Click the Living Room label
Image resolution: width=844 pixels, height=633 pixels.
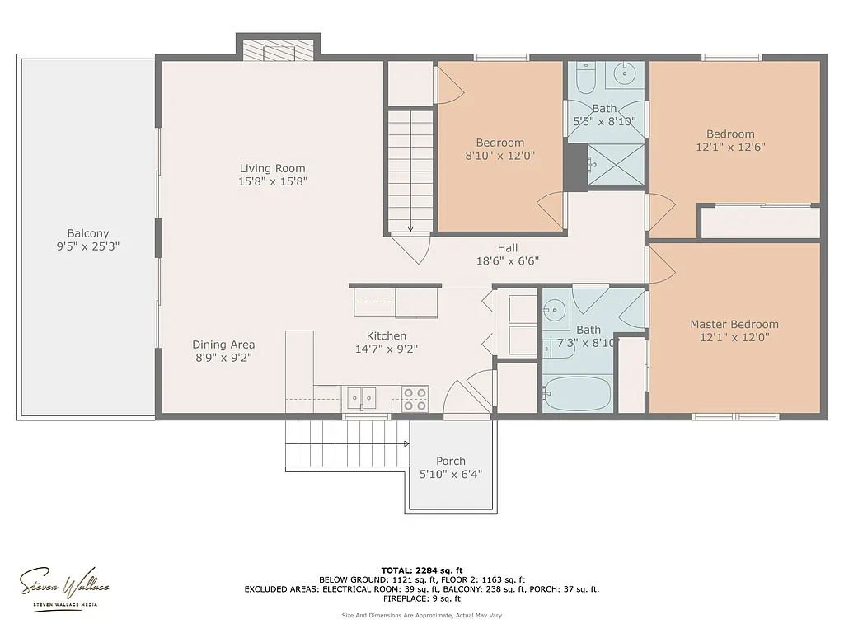273,168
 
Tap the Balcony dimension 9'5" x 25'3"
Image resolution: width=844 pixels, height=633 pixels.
88,246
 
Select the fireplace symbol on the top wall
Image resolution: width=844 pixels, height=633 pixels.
278,50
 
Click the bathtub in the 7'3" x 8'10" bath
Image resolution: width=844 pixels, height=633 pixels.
577,393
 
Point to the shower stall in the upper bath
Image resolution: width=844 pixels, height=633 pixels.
616,164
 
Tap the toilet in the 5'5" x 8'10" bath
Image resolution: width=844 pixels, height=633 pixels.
586,78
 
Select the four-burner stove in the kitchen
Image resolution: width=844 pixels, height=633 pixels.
415,399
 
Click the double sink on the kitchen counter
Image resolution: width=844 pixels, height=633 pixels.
361,397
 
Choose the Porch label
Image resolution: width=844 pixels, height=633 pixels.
451,461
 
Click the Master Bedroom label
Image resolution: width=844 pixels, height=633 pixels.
734,324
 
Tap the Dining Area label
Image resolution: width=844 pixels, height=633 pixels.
223,345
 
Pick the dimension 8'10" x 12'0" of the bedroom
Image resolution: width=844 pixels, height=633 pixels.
500,155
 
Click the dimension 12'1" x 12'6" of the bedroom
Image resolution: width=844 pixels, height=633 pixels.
730,147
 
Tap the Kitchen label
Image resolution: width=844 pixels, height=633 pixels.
386,335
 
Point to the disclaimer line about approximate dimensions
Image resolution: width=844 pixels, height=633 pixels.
422,615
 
